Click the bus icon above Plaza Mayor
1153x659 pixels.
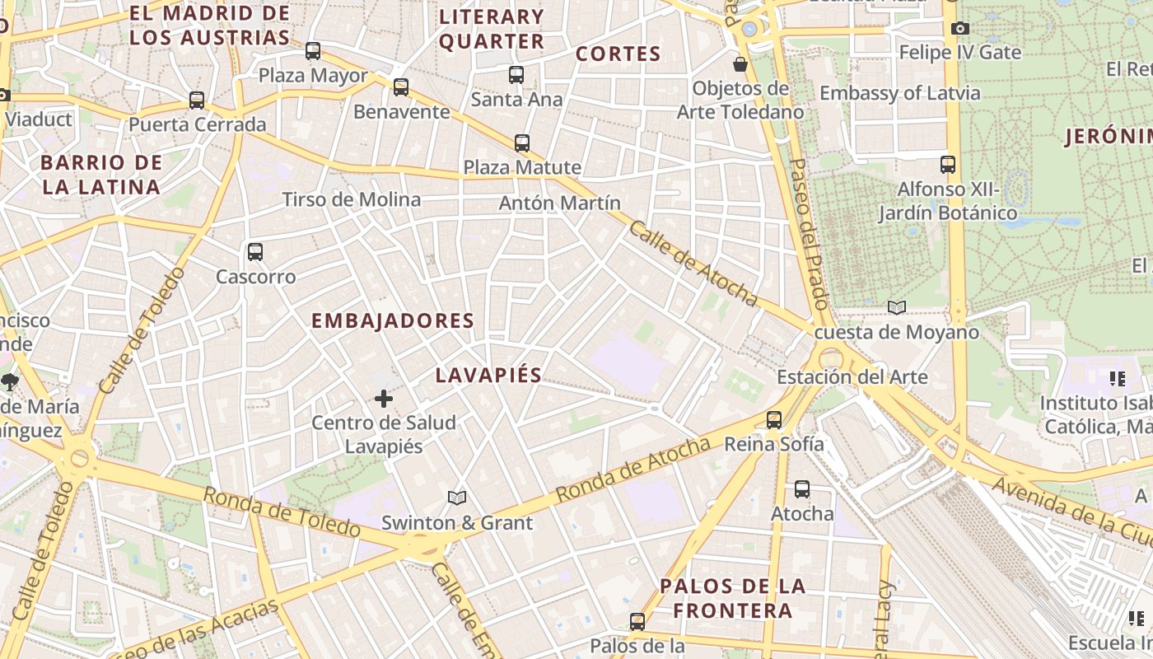(313, 51)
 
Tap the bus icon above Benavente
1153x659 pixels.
(401, 86)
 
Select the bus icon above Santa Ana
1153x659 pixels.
(516, 75)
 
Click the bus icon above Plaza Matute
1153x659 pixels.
(522, 143)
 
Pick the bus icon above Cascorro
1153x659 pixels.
(255, 252)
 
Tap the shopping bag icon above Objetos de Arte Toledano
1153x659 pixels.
(740, 63)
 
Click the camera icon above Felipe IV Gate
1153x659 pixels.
(959, 29)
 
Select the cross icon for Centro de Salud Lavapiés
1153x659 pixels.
(384, 400)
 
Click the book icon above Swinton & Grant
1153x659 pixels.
(457, 498)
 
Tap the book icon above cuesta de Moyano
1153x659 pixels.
(897, 307)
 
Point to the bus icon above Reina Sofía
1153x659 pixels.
(774, 420)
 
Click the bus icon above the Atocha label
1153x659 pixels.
(802, 489)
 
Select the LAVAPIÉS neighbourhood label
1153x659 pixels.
(488, 376)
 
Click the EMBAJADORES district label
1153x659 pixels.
(393, 321)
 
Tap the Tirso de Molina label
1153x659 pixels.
(352, 199)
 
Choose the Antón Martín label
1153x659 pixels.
(560, 203)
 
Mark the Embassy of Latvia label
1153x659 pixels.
(900, 92)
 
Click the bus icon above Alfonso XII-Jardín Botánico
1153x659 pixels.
(948, 165)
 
